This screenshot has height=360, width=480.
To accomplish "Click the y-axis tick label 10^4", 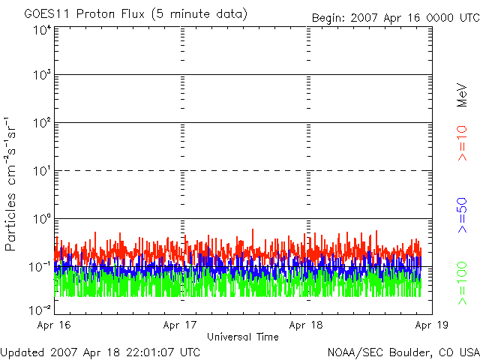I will coord(41,30).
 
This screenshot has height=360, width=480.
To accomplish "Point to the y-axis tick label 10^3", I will coord(41,76).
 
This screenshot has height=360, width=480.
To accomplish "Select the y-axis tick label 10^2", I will coord(41,123).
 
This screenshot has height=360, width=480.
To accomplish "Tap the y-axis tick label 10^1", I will coord(41,171).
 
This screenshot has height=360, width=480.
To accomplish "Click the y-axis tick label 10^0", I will coord(41,219).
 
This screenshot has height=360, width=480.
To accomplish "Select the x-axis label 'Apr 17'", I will coord(181,325).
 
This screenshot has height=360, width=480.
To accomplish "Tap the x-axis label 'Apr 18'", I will coord(307,325).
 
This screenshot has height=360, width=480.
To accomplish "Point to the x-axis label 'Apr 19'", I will coord(432,325).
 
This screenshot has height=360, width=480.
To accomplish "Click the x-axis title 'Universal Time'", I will coord(242,337).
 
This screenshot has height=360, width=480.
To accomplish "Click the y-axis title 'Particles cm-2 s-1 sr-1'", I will coord(12,184).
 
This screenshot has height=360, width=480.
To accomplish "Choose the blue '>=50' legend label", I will coord(462,214).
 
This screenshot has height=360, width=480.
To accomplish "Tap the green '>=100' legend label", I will coord(462,283).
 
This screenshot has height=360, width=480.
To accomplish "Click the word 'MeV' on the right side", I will coord(462,94).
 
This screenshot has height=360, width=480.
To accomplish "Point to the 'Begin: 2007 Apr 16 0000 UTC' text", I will coord(395,17).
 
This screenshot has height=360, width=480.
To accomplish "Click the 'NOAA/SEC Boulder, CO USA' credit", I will coord(403,352).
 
